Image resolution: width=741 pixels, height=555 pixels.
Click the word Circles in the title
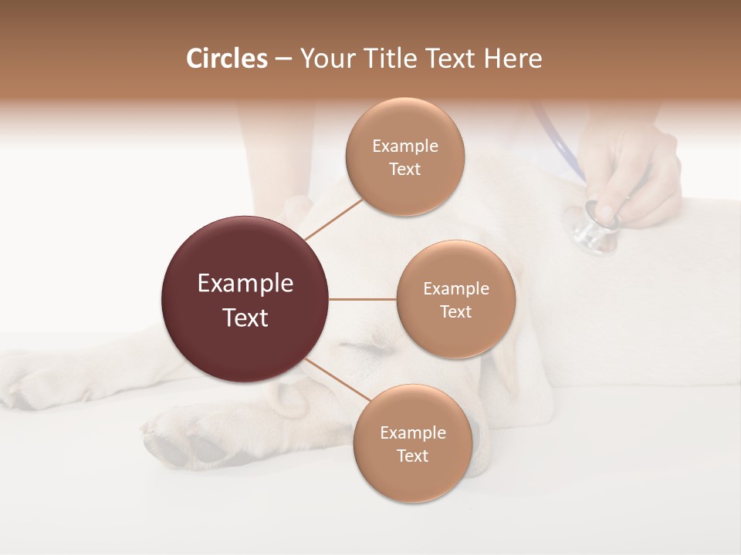click(226, 59)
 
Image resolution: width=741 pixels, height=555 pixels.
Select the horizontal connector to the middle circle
click(363, 299)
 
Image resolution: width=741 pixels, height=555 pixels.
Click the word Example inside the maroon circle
click(245, 284)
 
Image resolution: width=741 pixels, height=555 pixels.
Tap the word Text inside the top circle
click(404, 170)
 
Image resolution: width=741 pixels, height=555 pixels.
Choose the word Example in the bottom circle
click(412, 432)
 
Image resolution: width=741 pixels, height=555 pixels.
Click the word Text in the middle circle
click(455, 312)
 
